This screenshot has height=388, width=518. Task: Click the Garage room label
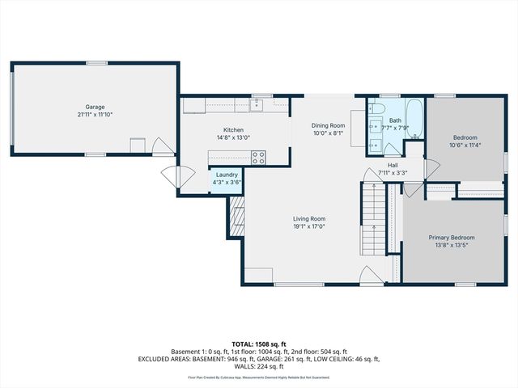tap(96, 107)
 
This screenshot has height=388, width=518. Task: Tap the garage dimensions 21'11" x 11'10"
tap(96, 115)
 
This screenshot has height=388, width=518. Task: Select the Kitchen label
tap(233, 130)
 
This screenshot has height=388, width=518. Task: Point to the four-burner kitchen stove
tap(258, 158)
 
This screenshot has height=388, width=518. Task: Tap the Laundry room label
tap(227, 175)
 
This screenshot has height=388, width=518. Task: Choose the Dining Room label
tap(329, 125)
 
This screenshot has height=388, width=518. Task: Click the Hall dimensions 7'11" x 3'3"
tap(392, 172)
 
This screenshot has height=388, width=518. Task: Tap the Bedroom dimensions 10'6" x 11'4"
tap(465, 145)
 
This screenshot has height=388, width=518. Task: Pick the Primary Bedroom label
tap(452, 238)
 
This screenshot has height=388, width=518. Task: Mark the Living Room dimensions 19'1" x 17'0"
tap(309, 227)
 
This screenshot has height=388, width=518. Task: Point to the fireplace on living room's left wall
tap(236, 217)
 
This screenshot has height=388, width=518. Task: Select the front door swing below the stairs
tap(370, 275)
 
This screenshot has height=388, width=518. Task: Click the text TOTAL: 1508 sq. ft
tap(259, 344)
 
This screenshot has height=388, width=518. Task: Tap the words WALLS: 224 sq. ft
tap(259, 366)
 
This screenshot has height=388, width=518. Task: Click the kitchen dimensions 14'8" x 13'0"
tap(233, 138)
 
